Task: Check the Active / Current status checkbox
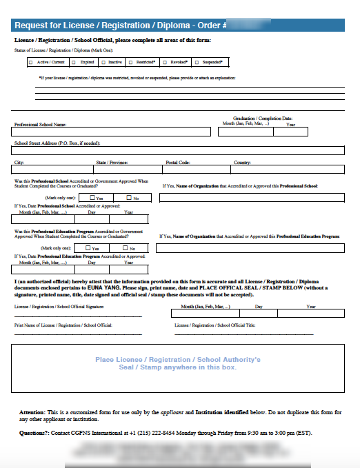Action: point(31,62)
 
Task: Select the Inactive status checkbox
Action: point(103,62)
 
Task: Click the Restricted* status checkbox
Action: point(133,62)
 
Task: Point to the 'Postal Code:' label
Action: point(177,163)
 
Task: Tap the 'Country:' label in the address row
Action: point(242,163)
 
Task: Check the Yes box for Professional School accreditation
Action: point(92,198)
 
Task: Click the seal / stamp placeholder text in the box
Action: point(178,363)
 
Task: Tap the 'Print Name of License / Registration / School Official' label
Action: point(63,324)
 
